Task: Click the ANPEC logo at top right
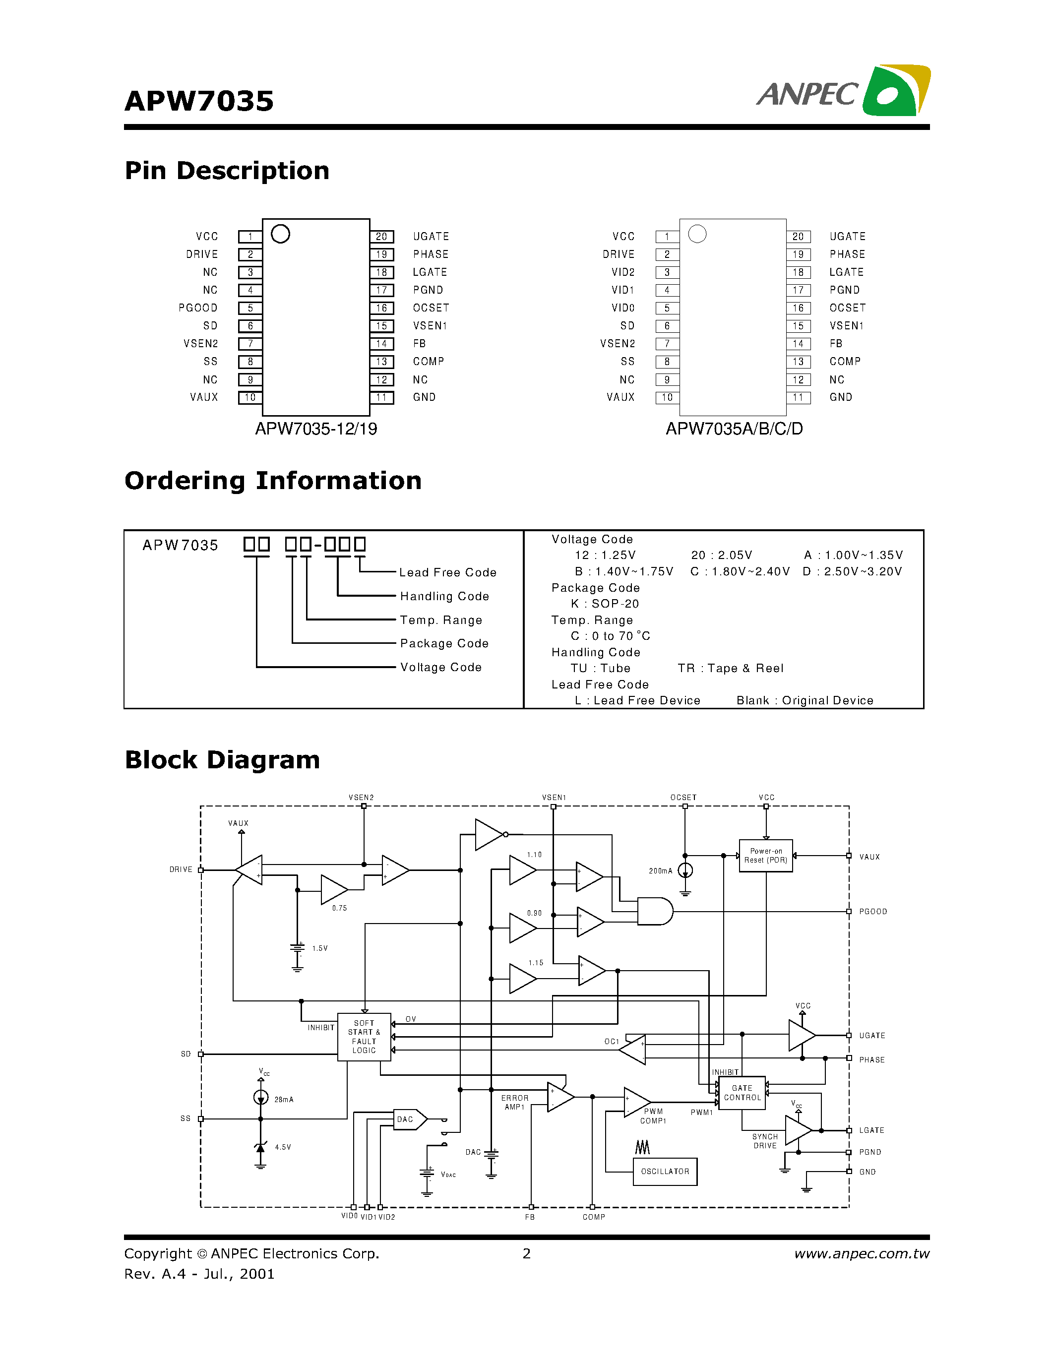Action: [x=843, y=92]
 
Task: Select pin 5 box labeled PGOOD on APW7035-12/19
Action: [x=250, y=308]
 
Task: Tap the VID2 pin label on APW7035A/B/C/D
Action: [x=622, y=272]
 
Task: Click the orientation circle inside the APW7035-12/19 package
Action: [x=280, y=234]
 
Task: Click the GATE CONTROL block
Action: [x=742, y=1093]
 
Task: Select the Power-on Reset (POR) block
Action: [x=765, y=856]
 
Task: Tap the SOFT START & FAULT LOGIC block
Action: [x=364, y=1037]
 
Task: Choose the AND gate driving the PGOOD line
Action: [x=654, y=912]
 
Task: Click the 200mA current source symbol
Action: [x=685, y=870]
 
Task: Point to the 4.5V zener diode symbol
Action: [x=260, y=1147]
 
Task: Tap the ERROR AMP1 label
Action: [x=514, y=1102]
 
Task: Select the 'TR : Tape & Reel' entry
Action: [x=730, y=668]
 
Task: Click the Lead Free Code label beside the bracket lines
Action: [x=448, y=573]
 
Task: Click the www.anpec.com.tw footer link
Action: [x=861, y=1253]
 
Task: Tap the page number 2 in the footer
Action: [x=526, y=1253]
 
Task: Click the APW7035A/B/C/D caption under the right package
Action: [x=734, y=429]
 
